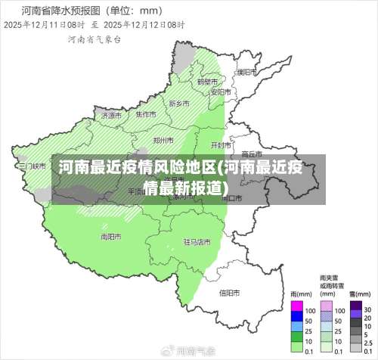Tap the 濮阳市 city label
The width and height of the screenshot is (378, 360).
246,73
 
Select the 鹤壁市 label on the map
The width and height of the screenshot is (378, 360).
207,82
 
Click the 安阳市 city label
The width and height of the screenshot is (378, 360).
220,92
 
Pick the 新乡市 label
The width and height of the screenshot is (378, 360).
179,103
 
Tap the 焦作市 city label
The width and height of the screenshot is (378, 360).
146,114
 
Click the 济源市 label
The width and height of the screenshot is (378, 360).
110,116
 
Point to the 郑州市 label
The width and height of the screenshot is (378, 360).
164,140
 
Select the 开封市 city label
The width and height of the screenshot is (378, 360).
220,144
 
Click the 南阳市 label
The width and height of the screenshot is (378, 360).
111,236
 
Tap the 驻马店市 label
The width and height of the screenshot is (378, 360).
197,243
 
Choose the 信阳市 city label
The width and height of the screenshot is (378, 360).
229,292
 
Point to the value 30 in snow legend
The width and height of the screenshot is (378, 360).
367,310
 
